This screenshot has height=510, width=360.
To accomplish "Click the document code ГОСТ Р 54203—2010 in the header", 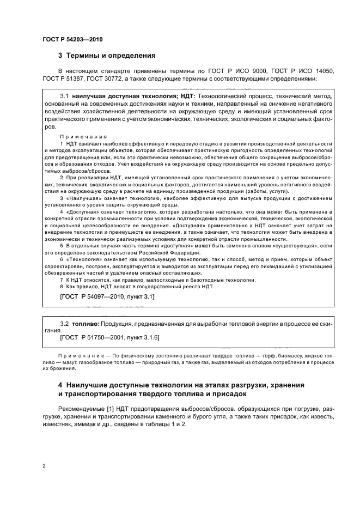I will (72, 39).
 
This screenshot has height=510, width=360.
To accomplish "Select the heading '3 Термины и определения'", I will (107, 55).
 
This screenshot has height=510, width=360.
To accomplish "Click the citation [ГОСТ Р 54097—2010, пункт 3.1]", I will (106, 296).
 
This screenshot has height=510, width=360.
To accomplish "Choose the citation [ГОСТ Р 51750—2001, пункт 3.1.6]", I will (109, 338).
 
